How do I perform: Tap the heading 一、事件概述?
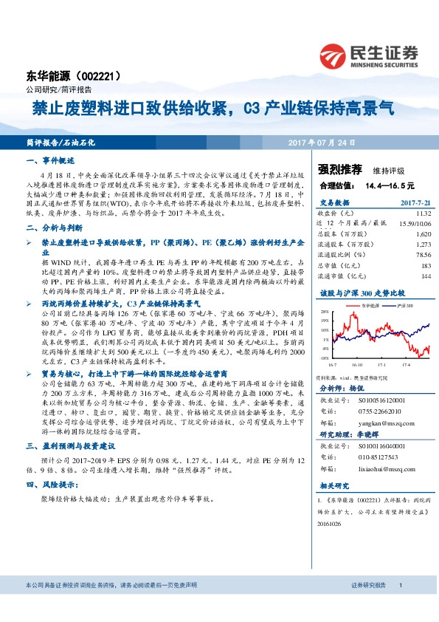pyautogui.click(x=50, y=160)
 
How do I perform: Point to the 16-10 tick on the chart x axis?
pyautogui.click(x=359, y=363)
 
